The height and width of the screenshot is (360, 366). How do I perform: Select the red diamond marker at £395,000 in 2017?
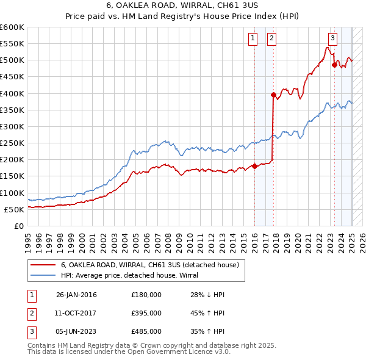point(273,95)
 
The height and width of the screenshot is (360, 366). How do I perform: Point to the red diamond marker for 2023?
point(334,65)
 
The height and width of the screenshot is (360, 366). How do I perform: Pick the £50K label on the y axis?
point(14,209)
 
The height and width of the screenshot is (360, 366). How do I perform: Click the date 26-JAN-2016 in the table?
point(76,295)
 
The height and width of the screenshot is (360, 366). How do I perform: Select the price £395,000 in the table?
point(146,313)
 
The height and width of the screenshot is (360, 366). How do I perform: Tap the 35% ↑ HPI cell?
point(207,331)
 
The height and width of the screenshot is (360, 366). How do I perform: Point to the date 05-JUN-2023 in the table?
point(76,331)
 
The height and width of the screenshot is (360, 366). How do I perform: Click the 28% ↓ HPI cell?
point(207,295)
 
